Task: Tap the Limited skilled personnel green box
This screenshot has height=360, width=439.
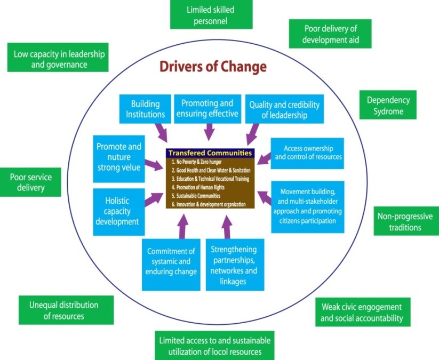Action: (x=203, y=15)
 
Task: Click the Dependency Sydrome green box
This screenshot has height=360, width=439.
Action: (x=388, y=105)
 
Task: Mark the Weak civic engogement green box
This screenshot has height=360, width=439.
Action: (x=362, y=313)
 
